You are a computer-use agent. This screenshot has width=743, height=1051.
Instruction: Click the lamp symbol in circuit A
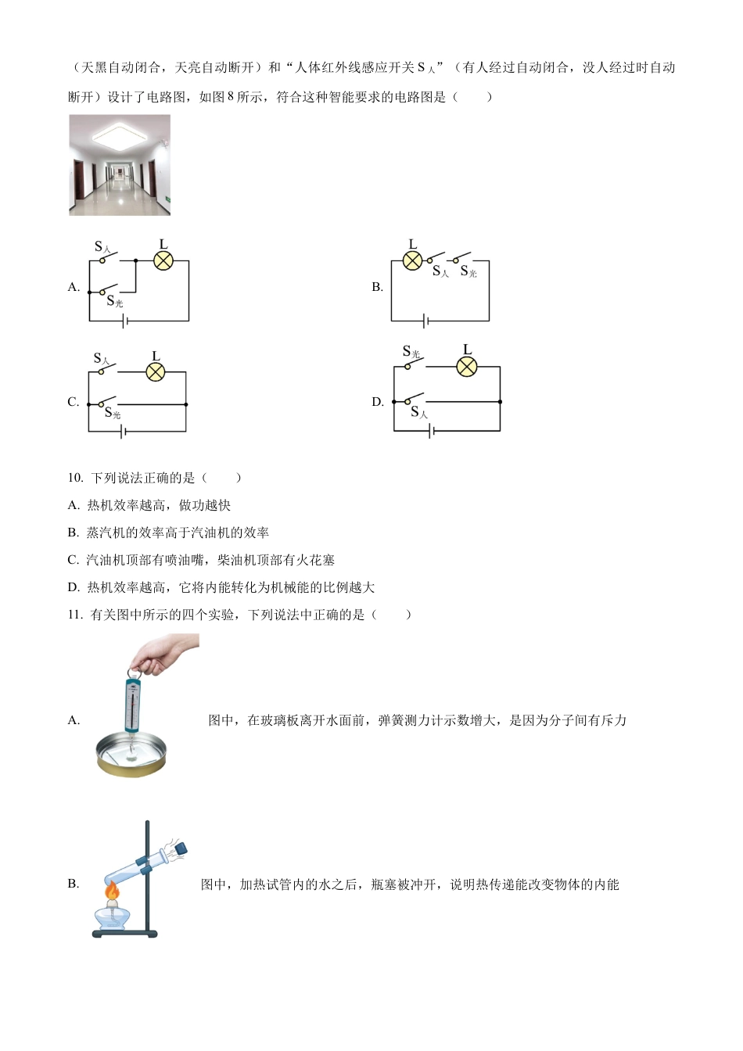tap(163, 261)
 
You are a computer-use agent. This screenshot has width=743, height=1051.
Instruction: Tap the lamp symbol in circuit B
tap(412, 261)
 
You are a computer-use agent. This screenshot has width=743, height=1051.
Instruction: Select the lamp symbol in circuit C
tap(156, 372)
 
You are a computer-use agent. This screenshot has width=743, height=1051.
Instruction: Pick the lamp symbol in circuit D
tap(467, 367)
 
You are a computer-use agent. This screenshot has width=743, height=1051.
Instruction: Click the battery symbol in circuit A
tap(125, 321)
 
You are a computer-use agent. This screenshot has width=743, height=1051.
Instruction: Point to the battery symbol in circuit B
tap(425, 321)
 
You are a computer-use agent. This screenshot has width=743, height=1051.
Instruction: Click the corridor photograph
tap(120, 165)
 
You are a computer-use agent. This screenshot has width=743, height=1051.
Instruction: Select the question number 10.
tap(75, 478)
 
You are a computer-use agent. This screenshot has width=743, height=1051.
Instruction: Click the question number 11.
tap(75, 615)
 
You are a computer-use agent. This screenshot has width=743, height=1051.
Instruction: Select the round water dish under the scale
tap(131, 754)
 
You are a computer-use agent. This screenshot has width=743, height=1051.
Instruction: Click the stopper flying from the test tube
tap(181, 847)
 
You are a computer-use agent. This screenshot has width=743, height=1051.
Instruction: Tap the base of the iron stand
tap(124, 933)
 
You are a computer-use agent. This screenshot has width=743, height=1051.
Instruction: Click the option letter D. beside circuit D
tap(378, 402)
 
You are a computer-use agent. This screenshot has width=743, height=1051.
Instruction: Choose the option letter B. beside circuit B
tap(377, 287)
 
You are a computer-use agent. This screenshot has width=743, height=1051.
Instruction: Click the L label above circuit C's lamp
tap(156, 357)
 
